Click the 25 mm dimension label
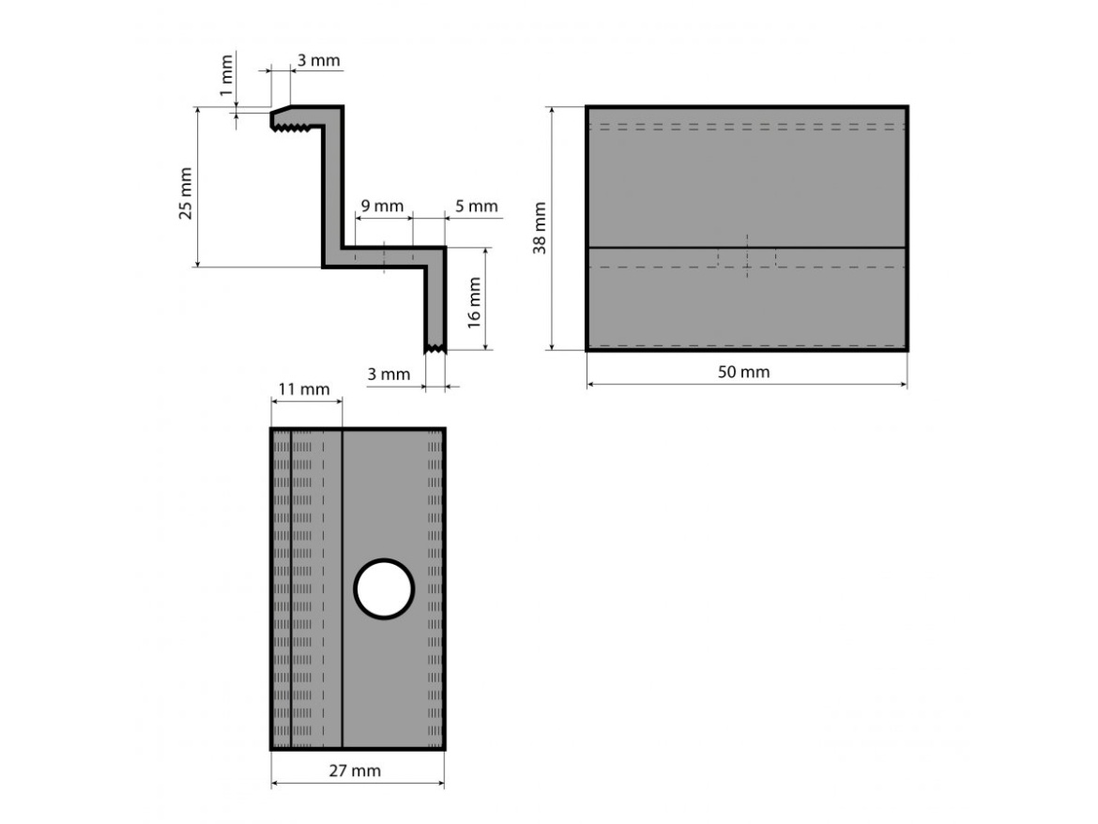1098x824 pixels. coord(186,193)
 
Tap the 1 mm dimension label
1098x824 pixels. coord(225,82)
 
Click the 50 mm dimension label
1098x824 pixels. coord(744,373)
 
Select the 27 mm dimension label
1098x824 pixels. coord(357,771)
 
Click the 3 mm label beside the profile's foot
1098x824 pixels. coord(389,374)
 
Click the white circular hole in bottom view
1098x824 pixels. coord(384,589)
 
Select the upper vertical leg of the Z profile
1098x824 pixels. coord(332,188)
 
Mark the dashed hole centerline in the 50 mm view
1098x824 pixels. coord(747,255)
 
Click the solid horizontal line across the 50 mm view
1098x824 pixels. coord(657,247)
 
